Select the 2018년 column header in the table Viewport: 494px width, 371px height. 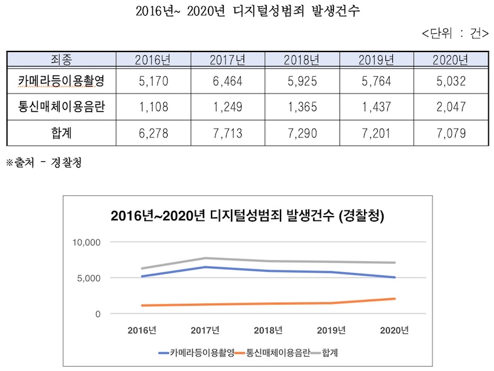301,60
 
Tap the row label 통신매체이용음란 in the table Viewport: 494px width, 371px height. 61,107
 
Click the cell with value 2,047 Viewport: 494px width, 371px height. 450,107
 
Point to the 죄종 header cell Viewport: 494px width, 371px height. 61,60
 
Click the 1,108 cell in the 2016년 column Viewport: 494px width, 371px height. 153,107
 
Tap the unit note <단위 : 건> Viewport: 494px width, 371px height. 456,33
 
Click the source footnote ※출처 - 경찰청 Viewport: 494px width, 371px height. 43,163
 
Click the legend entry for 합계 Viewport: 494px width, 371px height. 333,353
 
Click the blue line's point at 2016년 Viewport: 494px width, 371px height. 142,276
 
